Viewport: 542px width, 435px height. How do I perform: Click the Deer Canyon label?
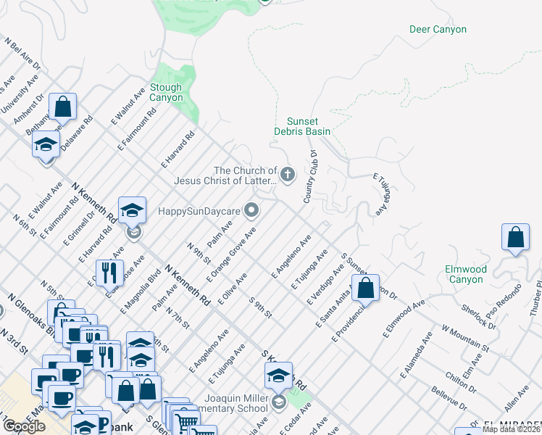438,30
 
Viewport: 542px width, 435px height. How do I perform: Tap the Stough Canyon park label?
166,92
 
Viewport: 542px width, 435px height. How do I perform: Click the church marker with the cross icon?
288,174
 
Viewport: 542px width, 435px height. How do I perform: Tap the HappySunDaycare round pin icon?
251,211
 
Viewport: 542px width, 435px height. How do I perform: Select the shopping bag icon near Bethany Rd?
64,107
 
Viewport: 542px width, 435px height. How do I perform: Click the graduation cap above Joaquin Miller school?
278,376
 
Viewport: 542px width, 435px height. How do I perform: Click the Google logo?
24,426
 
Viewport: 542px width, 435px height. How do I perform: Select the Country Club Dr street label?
309,177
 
